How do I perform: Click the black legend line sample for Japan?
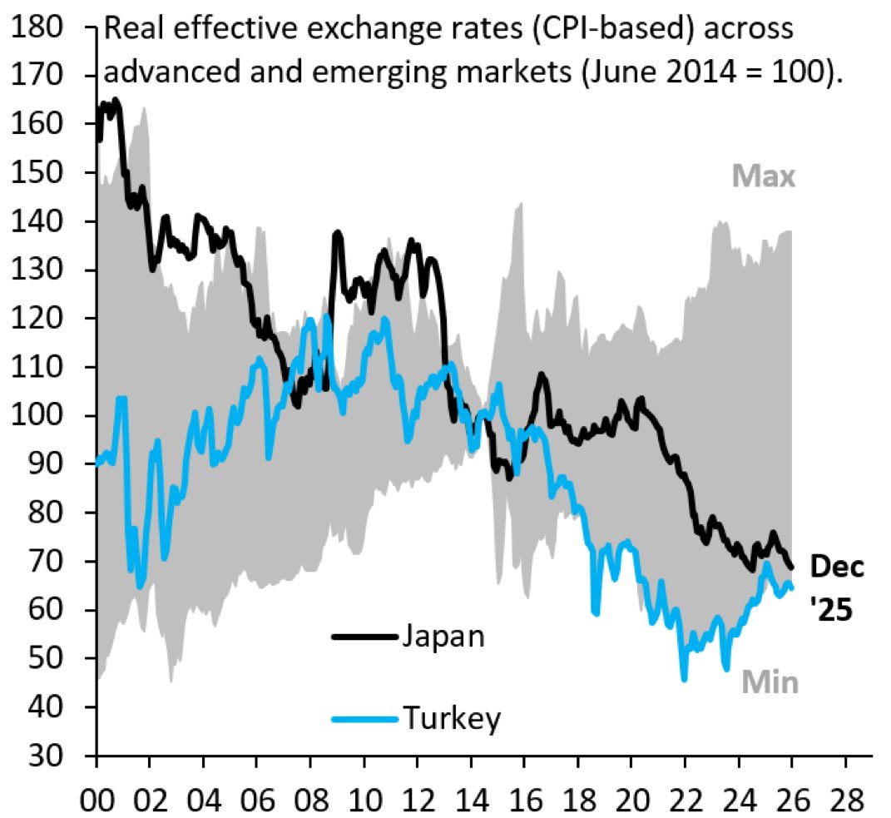(364, 637)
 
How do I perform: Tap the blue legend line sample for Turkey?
(364, 717)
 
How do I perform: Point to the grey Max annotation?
(764, 176)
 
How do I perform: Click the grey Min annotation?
(770, 683)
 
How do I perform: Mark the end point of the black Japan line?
(790, 568)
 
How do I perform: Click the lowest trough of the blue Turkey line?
(684, 679)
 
